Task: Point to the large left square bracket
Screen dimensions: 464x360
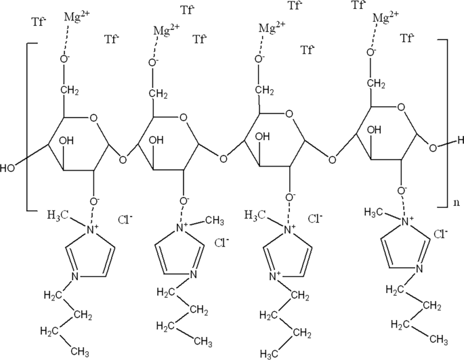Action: tap(27, 126)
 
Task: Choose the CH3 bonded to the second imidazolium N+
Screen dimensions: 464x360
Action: tap(214, 220)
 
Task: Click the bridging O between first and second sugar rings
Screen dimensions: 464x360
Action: tap(123, 160)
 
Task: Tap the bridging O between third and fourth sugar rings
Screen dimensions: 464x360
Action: tap(331, 160)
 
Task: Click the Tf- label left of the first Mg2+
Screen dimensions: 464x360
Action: tap(39, 22)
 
